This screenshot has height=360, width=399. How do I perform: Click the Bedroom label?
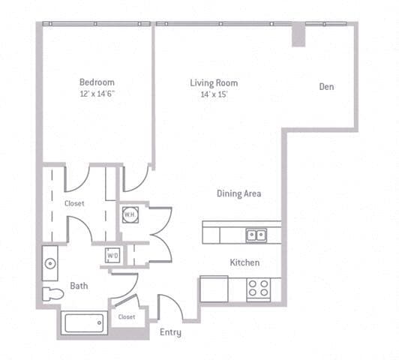point(97,82)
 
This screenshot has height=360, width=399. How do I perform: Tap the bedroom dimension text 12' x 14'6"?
point(97,94)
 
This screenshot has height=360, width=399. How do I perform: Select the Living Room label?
point(214,82)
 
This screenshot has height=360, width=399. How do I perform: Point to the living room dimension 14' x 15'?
point(214,94)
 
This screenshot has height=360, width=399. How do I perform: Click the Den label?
point(326,87)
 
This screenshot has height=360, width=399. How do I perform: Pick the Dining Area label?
point(239,193)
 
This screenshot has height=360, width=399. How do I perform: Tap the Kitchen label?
point(244,262)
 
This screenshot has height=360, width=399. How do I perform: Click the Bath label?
point(79,286)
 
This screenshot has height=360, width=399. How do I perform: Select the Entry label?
point(170,332)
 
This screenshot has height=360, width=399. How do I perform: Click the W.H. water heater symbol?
point(129,214)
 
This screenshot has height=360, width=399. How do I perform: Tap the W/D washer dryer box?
point(112,255)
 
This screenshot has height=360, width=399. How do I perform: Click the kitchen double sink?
point(256,235)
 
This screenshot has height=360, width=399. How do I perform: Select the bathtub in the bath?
point(83,324)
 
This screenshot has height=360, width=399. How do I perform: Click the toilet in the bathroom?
point(52,293)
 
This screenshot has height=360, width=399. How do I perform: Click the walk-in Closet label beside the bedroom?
point(74,203)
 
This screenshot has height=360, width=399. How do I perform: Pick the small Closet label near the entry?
point(127,316)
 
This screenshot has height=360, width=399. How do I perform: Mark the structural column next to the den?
point(298,34)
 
